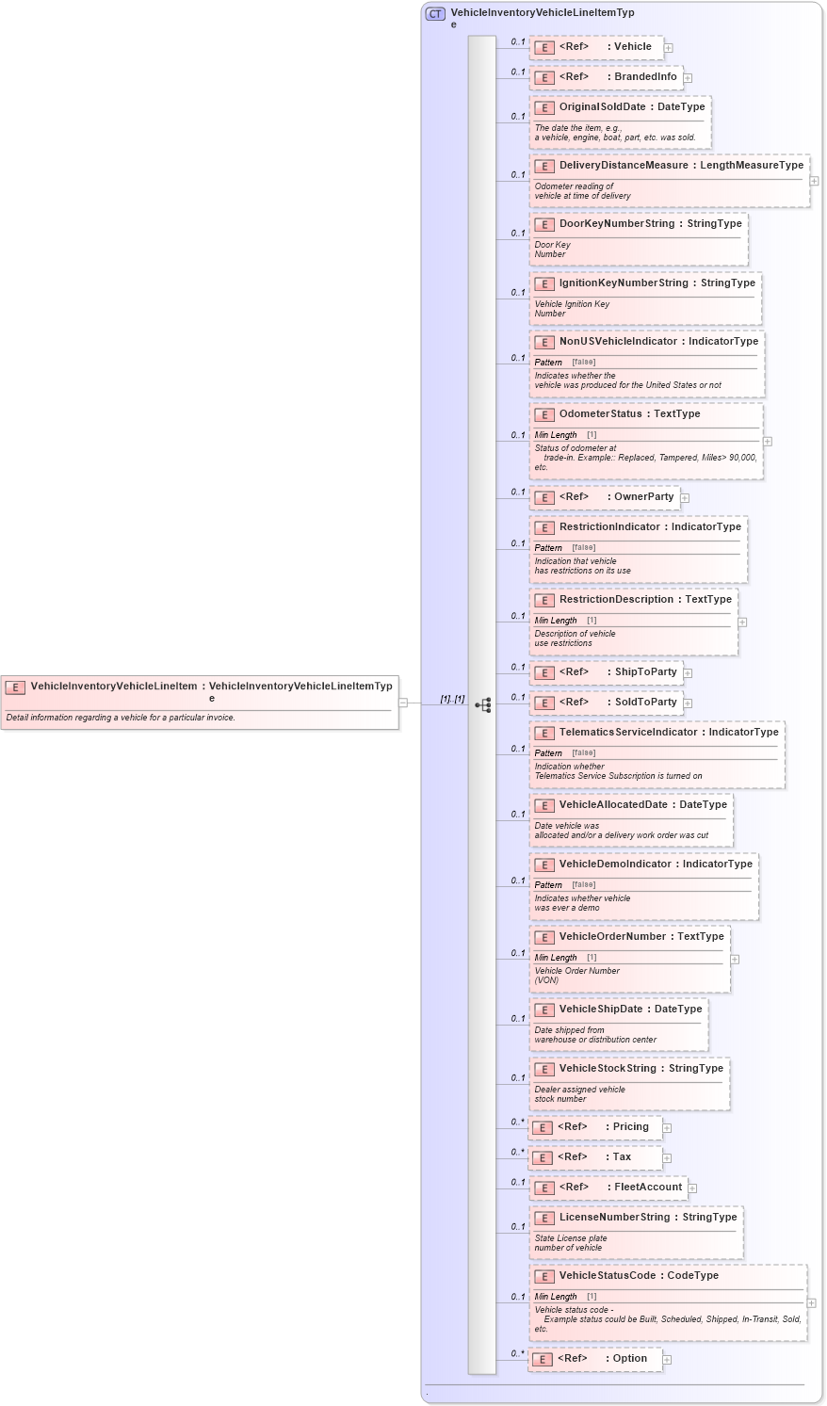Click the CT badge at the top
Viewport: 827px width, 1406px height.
click(x=435, y=14)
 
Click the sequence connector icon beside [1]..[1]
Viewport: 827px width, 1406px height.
click(x=483, y=704)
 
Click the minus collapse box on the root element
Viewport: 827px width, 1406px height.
click(x=403, y=702)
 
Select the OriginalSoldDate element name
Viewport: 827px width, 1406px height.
click(x=602, y=107)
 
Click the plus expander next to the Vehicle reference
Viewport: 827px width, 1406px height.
click(x=668, y=47)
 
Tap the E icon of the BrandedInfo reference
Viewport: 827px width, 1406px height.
click(x=543, y=77)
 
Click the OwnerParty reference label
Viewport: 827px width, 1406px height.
click(x=643, y=497)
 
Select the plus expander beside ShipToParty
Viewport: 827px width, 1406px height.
click(x=688, y=673)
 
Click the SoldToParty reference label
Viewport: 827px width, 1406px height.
click(x=645, y=703)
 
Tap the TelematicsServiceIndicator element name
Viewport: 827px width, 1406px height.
click(x=628, y=733)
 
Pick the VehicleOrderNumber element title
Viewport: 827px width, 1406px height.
click(x=612, y=937)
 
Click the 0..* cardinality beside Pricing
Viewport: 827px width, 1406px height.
click(x=517, y=1123)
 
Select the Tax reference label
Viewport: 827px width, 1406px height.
click(x=622, y=1157)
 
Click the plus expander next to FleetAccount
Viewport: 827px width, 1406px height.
click(x=692, y=1188)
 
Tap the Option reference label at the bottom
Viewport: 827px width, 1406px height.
click(x=629, y=1359)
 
